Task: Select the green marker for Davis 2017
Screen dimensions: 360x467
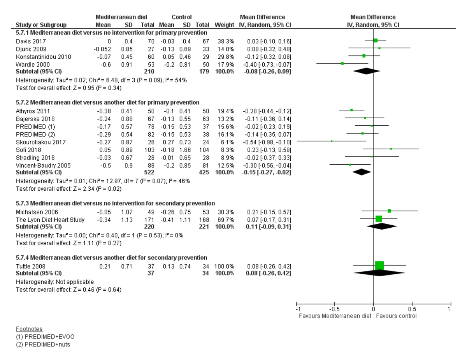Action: (x=375, y=40)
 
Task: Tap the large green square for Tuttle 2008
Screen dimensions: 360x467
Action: (x=379, y=265)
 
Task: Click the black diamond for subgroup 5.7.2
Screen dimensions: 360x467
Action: (x=362, y=172)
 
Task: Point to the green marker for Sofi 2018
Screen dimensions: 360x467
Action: (x=391, y=149)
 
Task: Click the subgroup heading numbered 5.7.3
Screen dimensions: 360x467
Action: (x=115, y=203)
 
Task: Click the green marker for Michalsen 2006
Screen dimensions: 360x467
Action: (x=389, y=211)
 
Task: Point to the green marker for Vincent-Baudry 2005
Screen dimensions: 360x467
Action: (x=350, y=165)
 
